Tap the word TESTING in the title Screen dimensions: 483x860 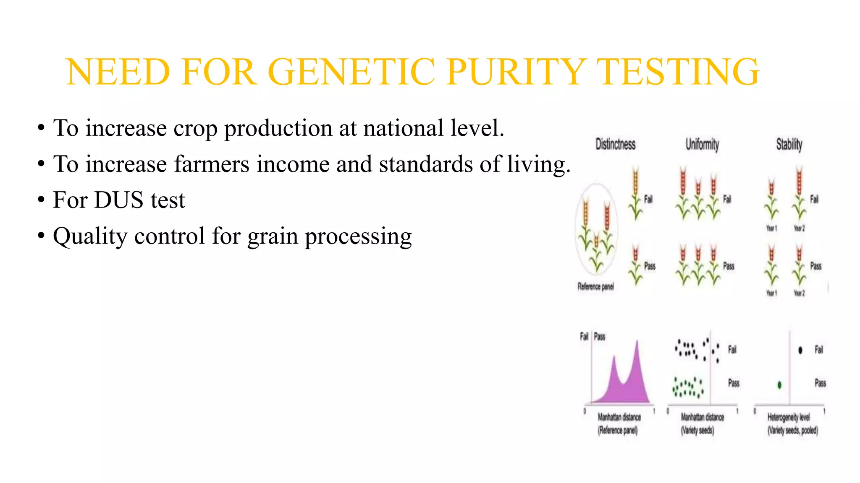click(x=677, y=72)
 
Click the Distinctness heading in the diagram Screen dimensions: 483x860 click(x=615, y=145)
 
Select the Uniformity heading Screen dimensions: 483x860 click(x=702, y=145)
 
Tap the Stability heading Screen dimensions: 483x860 click(x=789, y=145)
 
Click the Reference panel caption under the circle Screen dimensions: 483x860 click(x=595, y=286)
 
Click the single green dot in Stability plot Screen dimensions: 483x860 click(x=779, y=384)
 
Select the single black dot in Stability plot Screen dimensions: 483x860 click(x=800, y=350)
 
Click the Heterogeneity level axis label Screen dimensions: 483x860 click(x=789, y=417)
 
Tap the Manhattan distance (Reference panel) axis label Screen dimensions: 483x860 click(x=619, y=423)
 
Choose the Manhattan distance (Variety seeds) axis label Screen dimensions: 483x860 click(x=702, y=423)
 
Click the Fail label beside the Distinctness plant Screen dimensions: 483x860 click(x=648, y=199)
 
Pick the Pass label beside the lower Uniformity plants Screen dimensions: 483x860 click(x=729, y=266)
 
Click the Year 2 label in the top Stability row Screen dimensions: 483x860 click(x=799, y=229)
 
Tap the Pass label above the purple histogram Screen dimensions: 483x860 click(x=600, y=336)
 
